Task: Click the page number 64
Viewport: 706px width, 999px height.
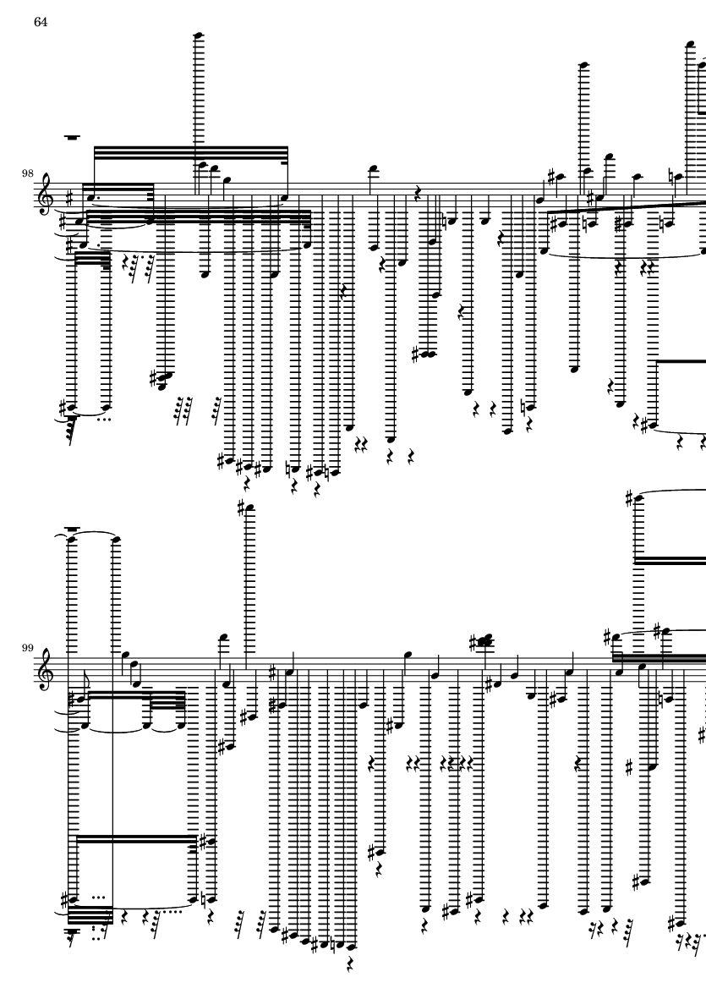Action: (40, 21)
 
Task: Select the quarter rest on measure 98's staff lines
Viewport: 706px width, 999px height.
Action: (415, 193)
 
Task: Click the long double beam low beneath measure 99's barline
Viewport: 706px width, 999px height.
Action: (135, 840)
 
